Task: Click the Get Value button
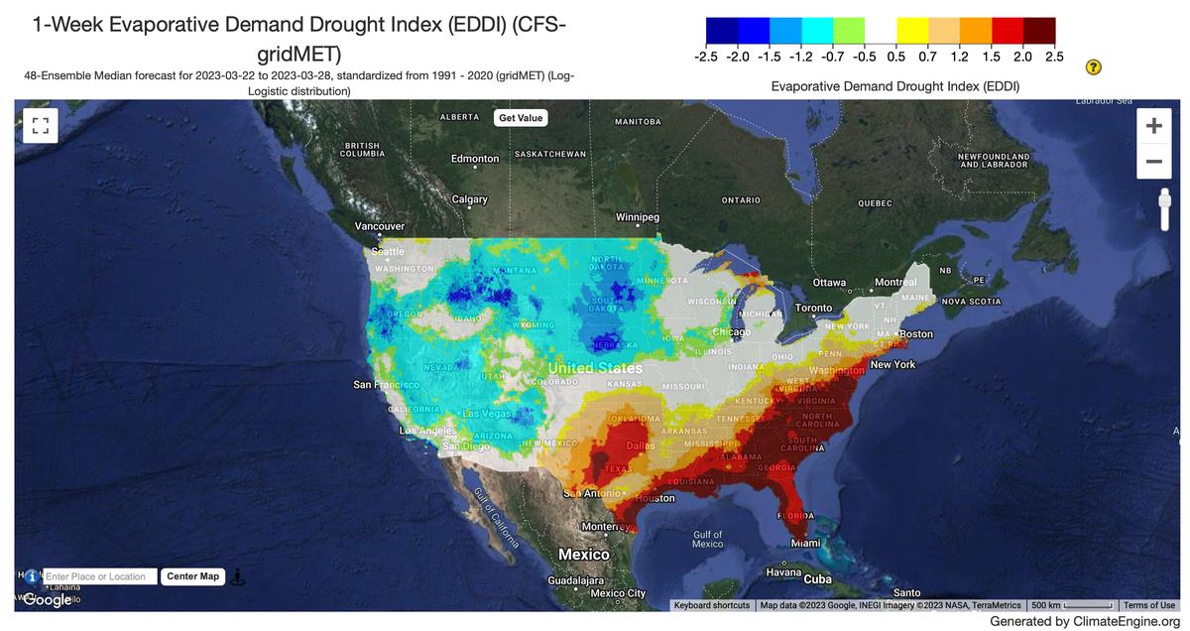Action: point(521,117)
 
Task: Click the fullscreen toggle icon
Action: point(41,125)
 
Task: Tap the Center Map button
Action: point(193,576)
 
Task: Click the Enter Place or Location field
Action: point(100,576)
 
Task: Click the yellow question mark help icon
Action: point(1094,67)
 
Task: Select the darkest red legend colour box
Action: point(1039,32)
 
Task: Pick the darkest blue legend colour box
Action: point(722,32)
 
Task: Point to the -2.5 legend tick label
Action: point(706,57)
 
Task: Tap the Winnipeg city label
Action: point(637,216)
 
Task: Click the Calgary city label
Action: point(469,199)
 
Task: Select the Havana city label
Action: point(783,572)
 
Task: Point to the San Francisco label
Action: point(387,384)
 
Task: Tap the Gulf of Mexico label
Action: point(707,540)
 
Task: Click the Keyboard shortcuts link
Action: point(711,605)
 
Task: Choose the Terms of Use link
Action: point(1149,605)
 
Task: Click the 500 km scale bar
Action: point(1074,605)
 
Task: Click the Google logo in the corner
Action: point(47,599)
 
